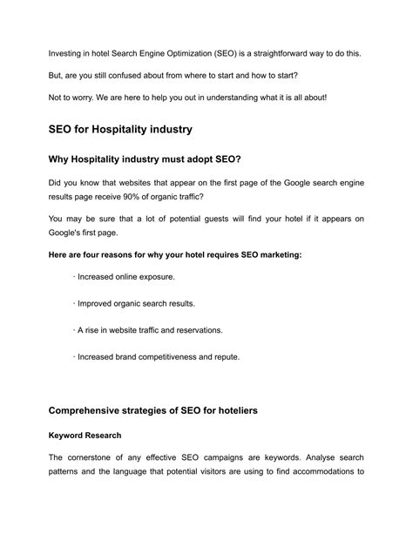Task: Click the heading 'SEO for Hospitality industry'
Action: click(120, 130)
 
